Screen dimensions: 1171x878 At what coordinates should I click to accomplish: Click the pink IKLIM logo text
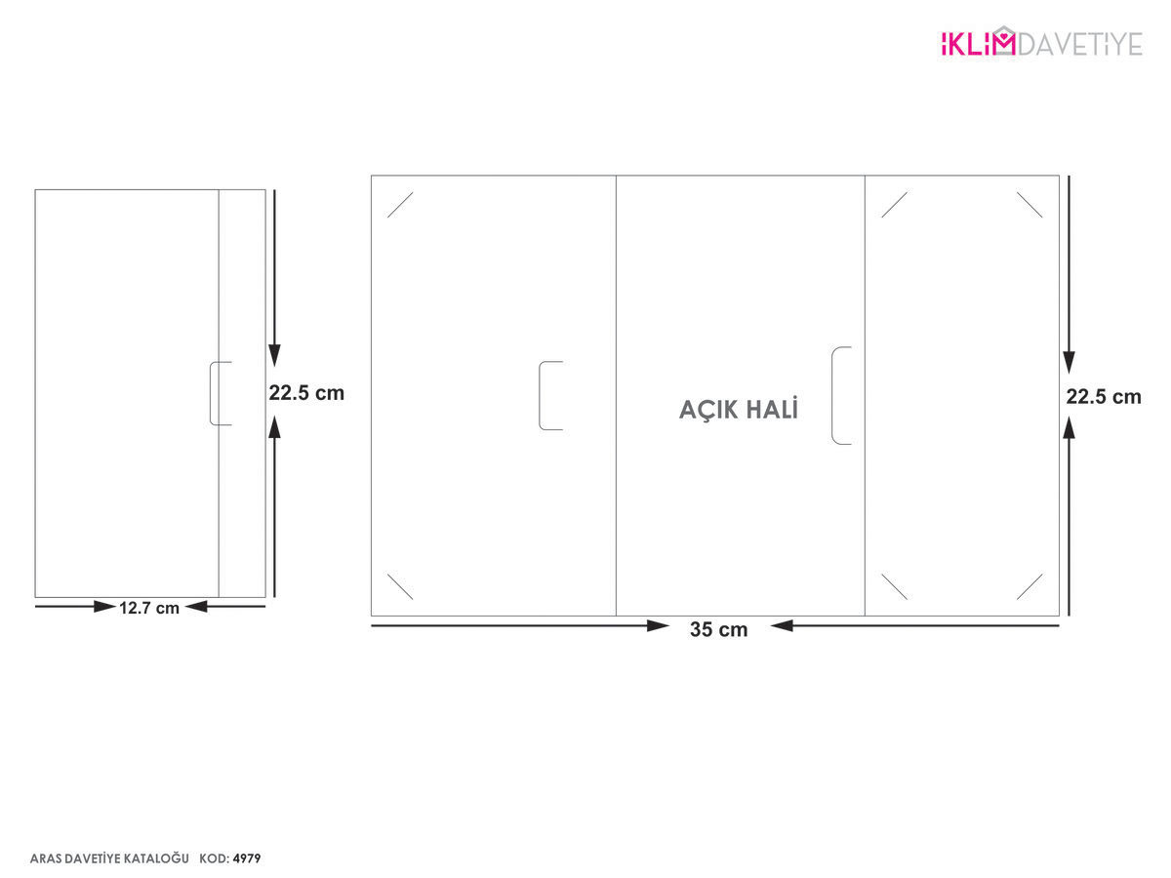978,44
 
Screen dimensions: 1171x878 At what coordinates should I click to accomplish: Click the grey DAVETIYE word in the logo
1079,44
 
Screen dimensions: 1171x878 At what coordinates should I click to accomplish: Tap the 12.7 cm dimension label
149,608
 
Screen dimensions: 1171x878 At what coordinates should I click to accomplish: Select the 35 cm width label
718,629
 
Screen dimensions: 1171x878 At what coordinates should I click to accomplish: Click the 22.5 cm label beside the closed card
306,393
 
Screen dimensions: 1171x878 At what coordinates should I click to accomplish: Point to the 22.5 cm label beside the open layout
1104,397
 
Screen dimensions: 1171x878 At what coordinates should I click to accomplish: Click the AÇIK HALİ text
739,409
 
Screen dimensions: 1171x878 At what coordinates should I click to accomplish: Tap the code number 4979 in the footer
247,858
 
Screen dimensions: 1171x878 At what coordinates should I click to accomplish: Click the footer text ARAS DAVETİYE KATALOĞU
109,858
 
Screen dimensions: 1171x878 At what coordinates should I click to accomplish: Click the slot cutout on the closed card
210,393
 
